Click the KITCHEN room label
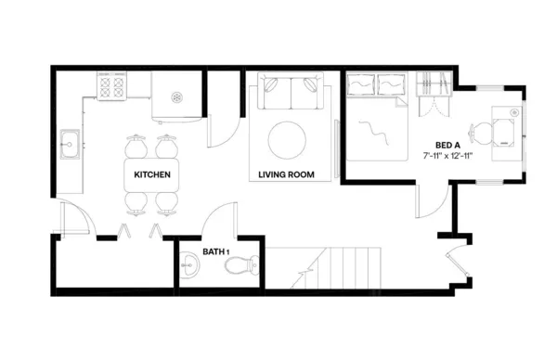click(x=151, y=174)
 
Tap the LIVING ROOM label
click(x=286, y=174)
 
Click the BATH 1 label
click(x=215, y=251)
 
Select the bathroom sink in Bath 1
click(x=189, y=267)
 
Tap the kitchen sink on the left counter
click(x=69, y=144)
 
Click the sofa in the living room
click(x=292, y=95)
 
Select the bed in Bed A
click(x=376, y=125)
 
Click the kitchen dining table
click(x=151, y=174)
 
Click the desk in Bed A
click(x=506, y=130)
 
